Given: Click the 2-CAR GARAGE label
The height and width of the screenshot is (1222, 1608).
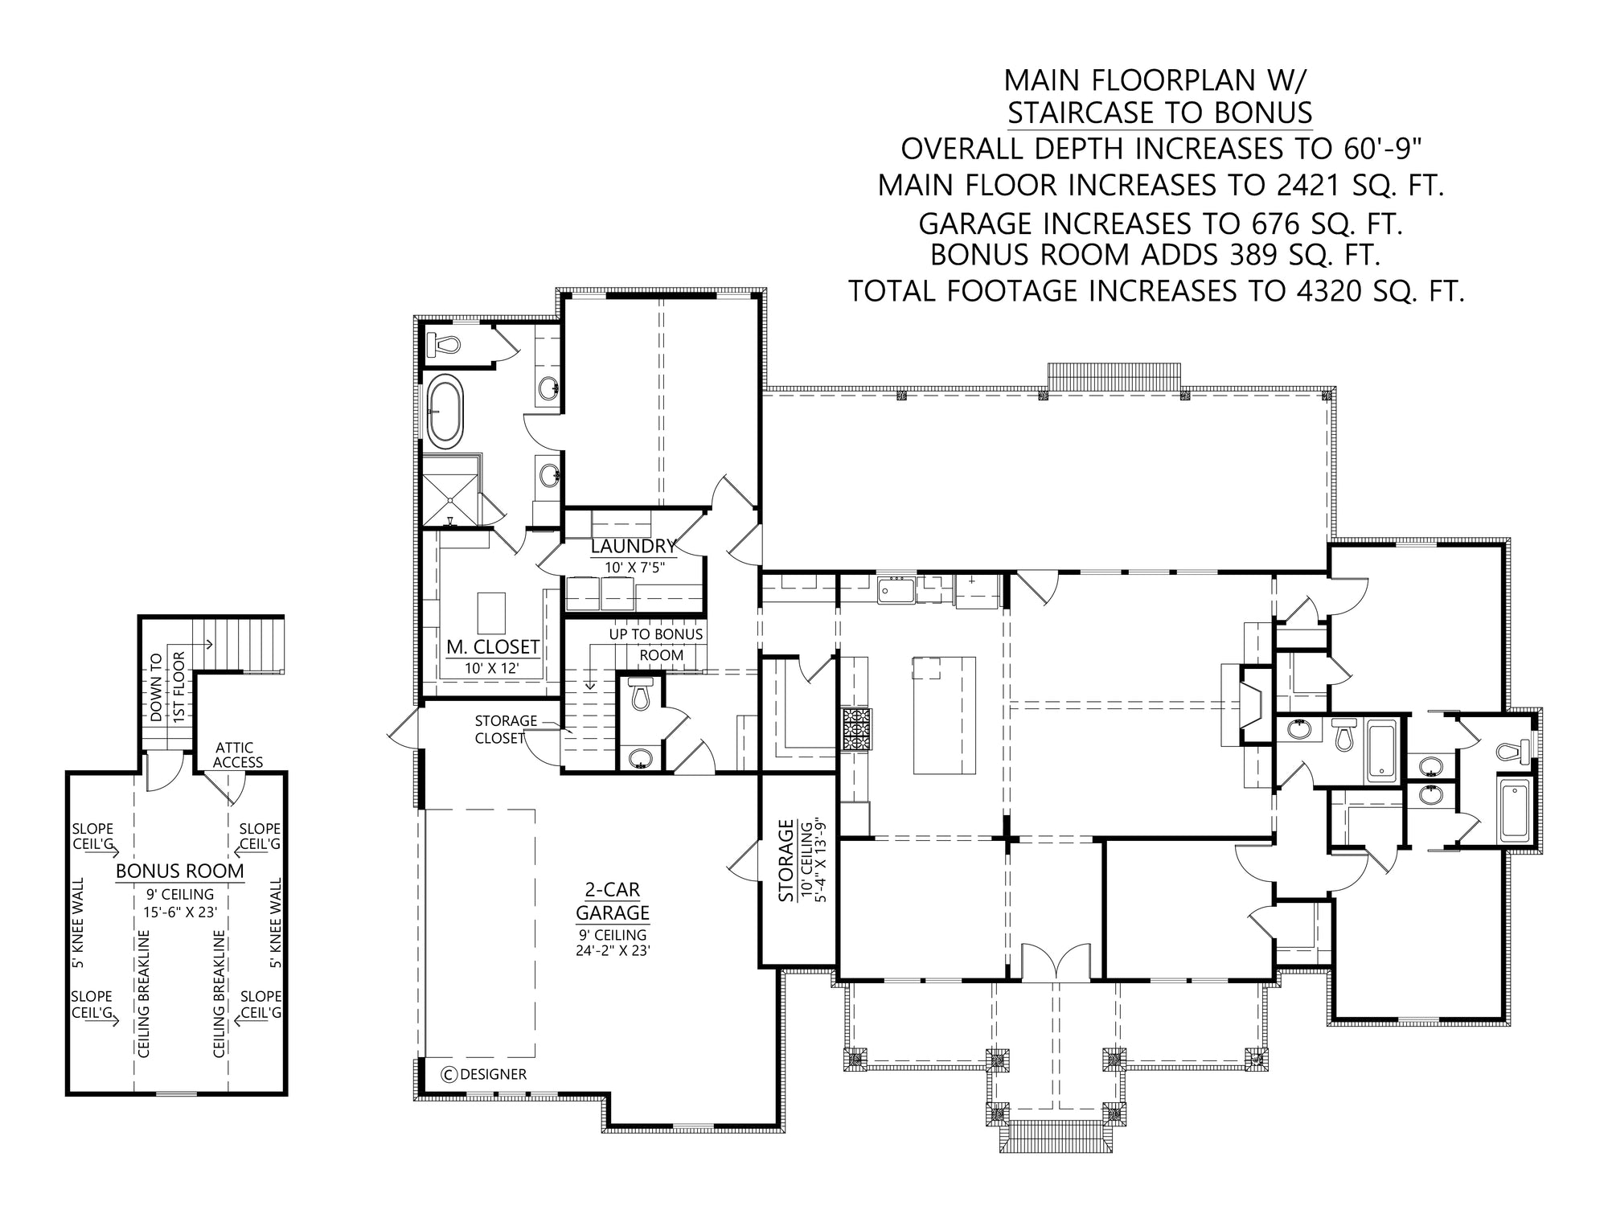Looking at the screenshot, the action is [x=613, y=901].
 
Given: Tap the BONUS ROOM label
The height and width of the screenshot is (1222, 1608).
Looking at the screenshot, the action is [x=180, y=871].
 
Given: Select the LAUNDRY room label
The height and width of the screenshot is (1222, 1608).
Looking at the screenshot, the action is [x=634, y=547].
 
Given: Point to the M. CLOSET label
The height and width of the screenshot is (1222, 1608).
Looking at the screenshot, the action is [x=493, y=647].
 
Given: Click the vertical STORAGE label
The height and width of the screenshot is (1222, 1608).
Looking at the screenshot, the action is [x=786, y=860].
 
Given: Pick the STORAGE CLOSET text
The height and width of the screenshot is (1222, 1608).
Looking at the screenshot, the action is [x=506, y=729].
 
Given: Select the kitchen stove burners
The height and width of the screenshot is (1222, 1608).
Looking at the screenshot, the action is [x=856, y=729].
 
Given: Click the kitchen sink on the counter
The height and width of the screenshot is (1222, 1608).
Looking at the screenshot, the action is [x=896, y=590].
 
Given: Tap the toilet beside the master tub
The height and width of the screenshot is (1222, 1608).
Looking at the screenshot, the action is [x=441, y=344].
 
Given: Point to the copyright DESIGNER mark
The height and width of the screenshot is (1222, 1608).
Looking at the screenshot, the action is [x=484, y=1074].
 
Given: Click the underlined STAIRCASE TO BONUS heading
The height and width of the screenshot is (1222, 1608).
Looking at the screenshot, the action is [x=1160, y=113].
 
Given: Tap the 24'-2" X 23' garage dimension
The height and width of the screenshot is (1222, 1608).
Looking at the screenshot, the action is [x=613, y=950].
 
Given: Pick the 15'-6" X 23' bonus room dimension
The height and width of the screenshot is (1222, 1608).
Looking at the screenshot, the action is [x=180, y=911].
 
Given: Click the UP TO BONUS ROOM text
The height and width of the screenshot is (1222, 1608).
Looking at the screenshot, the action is [x=656, y=645].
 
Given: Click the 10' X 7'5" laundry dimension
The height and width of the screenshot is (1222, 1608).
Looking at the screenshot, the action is [x=635, y=568].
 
